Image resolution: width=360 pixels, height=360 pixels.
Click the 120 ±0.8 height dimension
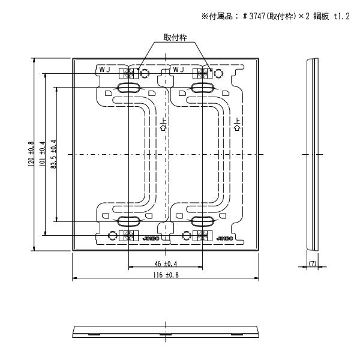[31, 154]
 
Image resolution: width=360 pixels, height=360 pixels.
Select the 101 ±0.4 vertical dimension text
[42, 154]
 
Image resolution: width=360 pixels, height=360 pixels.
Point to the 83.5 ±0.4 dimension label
[53, 154]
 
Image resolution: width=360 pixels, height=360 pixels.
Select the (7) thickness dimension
[312, 263]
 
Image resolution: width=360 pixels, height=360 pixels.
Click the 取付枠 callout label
[175, 37]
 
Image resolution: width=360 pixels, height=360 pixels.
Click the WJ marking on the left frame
[105, 70]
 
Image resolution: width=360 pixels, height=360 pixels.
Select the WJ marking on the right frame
[178, 70]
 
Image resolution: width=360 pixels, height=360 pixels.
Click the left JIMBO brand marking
[151, 238]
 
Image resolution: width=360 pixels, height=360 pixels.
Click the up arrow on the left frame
[163, 126]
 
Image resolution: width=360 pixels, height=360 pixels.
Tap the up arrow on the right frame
[237, 126]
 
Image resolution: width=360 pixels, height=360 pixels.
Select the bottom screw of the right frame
[203, 234]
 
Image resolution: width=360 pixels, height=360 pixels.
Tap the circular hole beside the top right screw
[219, 74]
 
